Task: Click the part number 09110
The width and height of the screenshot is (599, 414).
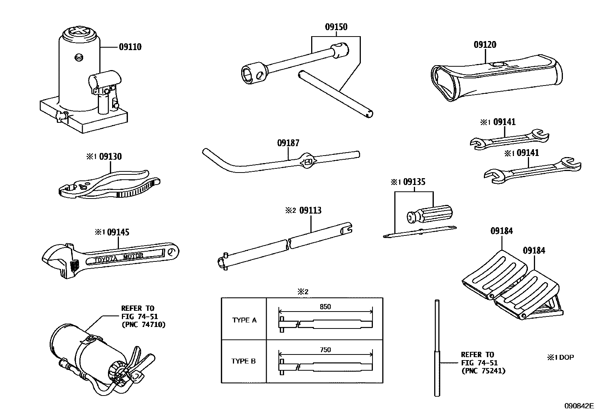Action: pos(130,47)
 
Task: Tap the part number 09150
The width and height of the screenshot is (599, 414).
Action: pos(336,27)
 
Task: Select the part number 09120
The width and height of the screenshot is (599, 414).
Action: pos(485,45)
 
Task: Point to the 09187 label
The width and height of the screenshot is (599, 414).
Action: pos(288,143)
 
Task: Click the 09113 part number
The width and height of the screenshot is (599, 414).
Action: pos(310,211)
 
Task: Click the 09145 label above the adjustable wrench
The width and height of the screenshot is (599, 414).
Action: pos(118,232)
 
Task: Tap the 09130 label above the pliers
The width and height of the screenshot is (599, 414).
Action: pos(111,157)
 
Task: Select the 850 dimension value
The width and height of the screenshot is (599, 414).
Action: pos(325,307)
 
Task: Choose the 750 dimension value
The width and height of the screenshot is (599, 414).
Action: pos(325,350)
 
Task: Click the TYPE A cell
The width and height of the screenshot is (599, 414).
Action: pos(244,320)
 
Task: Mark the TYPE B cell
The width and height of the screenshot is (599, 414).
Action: pos(243,361)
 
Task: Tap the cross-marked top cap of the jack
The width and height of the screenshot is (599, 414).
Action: pos(79,33)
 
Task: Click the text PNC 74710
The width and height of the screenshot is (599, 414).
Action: pos(143,324)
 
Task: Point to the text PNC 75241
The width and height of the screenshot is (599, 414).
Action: pos(483,371)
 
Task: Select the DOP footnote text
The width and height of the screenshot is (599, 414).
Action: pos(566,357)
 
